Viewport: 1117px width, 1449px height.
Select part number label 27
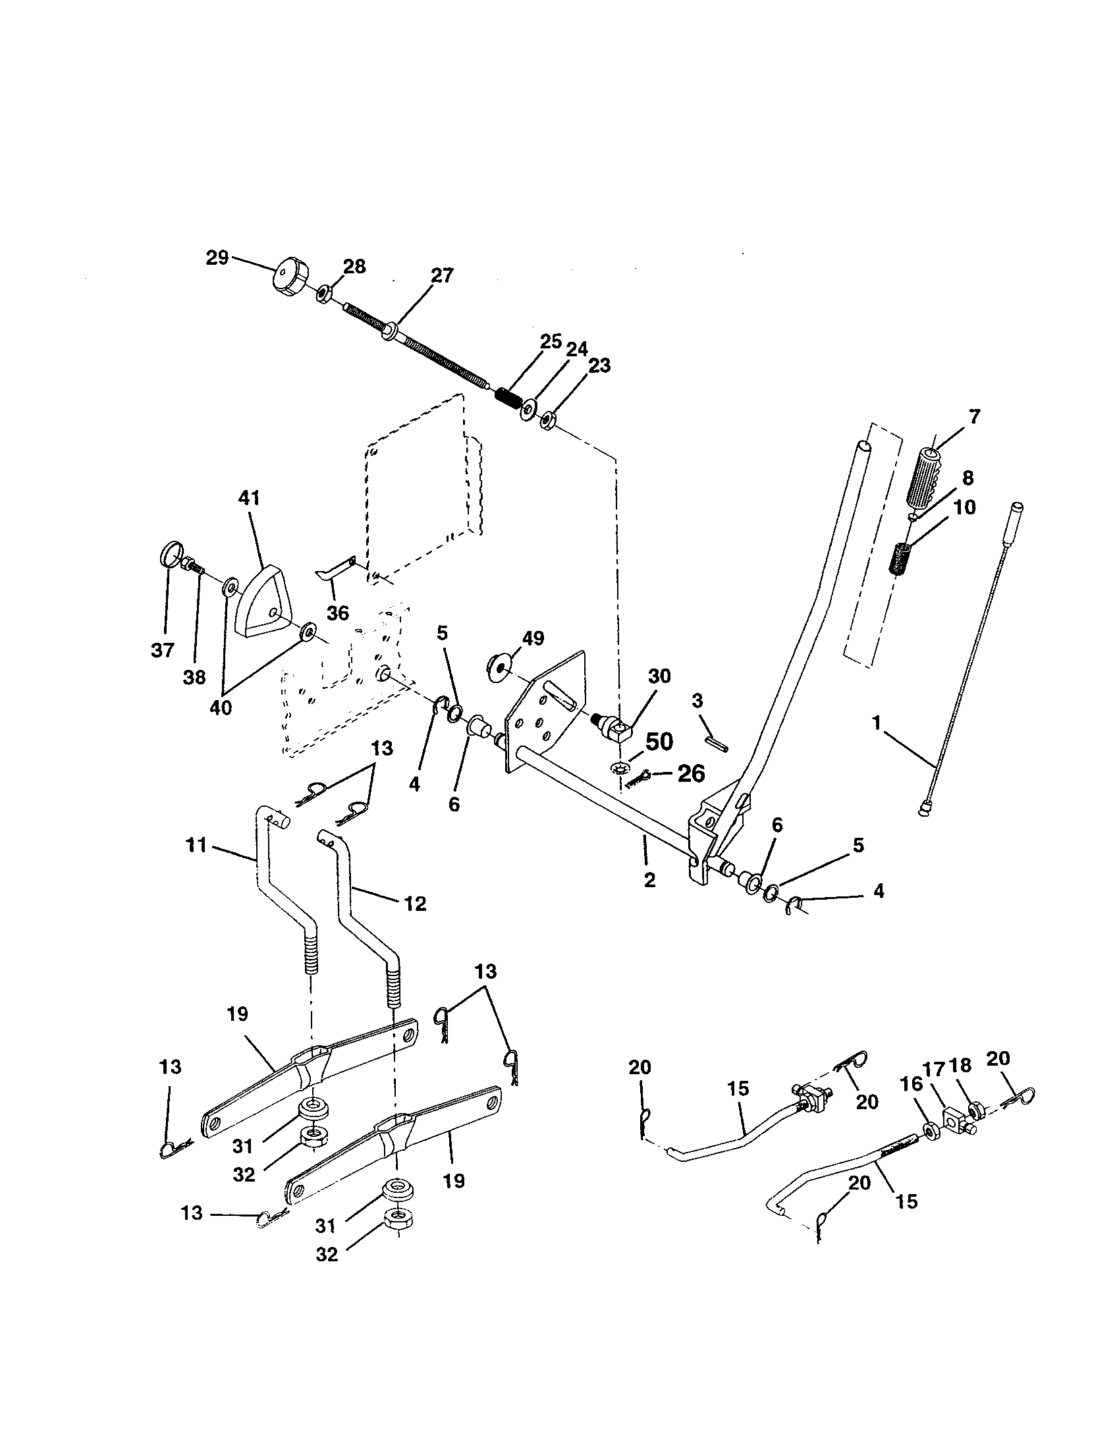coord(442,275)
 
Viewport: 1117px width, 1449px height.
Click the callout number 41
coord(249,499)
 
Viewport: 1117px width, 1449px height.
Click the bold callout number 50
coord(659,742)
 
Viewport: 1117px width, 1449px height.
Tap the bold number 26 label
coord(690,774)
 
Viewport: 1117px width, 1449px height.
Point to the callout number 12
coord(414,903)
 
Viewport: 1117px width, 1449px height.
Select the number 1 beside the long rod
coord(877,723)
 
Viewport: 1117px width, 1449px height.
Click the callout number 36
coord(338,613)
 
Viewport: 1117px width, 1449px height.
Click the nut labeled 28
coord(324,292)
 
